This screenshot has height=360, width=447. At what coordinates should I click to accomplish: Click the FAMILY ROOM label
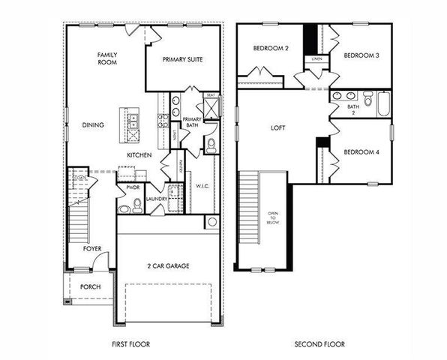pos(107,58)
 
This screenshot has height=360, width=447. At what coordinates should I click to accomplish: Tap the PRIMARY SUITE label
pos(184,59)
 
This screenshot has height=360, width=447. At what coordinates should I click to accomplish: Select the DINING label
pos(93,125)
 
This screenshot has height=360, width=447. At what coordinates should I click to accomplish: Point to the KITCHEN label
pos(139,155)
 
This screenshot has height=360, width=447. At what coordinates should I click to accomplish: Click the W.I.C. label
pos(202,185)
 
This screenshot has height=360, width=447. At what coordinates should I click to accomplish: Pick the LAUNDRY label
pos(157,199)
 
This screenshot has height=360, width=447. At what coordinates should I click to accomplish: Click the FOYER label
pos(91,247)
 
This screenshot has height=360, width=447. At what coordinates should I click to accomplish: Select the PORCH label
pos(91,287)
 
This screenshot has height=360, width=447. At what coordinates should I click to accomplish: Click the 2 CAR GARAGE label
pos(168,266)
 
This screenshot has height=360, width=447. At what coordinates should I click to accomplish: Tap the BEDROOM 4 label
pos(361,152)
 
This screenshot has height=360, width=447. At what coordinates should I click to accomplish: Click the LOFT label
pos(278,127)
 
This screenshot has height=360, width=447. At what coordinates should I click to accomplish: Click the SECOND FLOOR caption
pos(319,344)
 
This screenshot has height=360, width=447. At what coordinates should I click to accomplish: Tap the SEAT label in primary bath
pos(211,95)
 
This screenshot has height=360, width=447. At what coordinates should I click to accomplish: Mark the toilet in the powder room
pos(136,206)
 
